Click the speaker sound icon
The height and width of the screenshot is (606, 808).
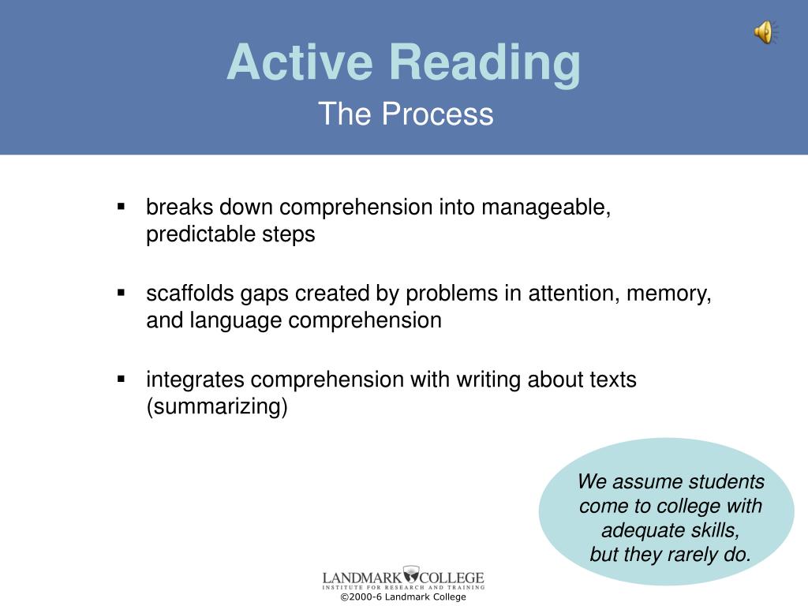point(766,32)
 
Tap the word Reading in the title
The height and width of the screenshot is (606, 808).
point(485,64)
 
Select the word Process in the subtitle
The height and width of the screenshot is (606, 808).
point(437,114)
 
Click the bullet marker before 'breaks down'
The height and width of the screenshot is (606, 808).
point(121,207)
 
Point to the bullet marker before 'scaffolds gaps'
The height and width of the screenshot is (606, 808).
point(121,293)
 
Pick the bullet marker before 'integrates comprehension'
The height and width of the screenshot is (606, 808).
point(121,380)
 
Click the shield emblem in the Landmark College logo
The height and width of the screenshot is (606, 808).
point(410,574)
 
